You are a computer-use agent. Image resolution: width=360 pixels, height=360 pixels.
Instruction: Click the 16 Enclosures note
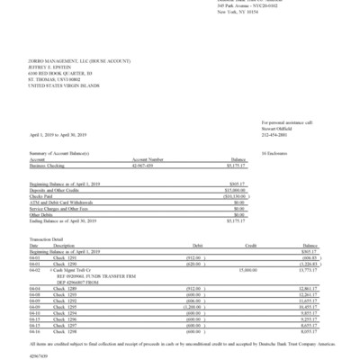(274, 155)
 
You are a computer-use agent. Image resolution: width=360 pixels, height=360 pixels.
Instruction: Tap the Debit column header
(187, 244)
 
